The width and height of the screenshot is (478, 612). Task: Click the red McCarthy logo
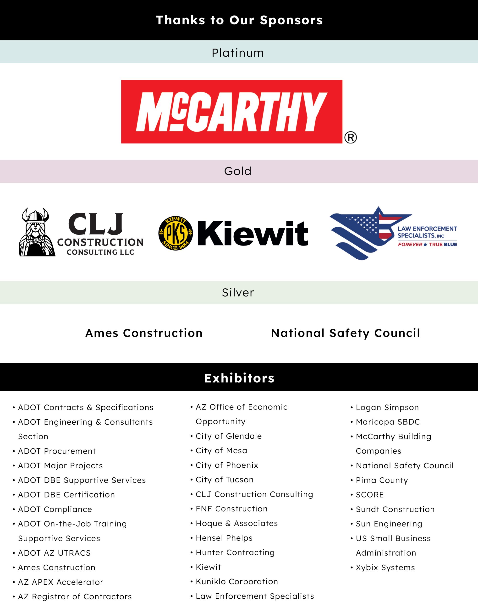coord(231,112)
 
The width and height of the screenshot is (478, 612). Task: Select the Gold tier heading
coord(238,171)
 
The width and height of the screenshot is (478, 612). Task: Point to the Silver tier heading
coord(238,293)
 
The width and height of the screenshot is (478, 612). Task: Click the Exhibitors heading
coord(239,378)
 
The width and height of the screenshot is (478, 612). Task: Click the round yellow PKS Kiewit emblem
coord(176,233)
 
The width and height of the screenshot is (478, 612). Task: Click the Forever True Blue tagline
coord(427,245)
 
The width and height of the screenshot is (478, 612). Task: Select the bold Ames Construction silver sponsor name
coord(144,333)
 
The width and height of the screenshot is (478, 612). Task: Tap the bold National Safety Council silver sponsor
coord(345,333)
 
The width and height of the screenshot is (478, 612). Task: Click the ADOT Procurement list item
coord(57,451)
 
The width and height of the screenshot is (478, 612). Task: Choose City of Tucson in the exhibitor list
coord(224,480)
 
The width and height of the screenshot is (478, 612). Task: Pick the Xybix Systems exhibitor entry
coord(385,568)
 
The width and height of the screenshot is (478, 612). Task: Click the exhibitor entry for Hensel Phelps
coord(224,538)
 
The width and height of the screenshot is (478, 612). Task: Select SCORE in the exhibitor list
coord(369,495)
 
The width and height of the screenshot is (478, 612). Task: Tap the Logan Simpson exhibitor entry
coord(387,407)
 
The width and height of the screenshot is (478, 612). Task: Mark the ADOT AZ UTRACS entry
coord(54,553)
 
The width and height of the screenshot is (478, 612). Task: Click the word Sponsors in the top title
coord(291,20)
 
